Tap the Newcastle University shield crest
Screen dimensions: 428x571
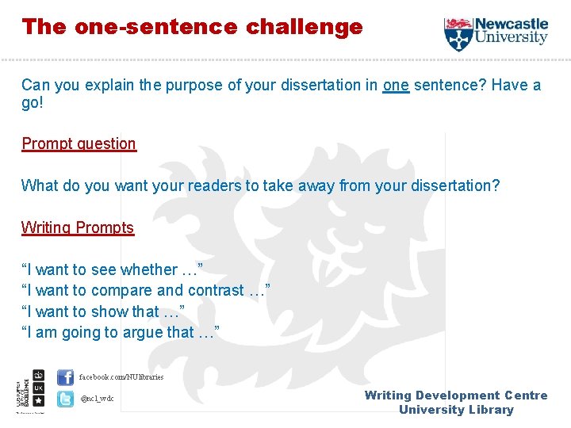click(458, 34)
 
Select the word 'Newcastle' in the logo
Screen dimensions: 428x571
click(512, 24)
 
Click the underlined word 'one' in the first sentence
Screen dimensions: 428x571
click(396, 85)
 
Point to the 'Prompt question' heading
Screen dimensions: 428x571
click(79, 143)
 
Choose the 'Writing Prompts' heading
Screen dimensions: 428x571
click(78, 227)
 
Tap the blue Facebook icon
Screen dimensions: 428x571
click(65, 377)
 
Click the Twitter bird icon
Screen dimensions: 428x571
click(65, 399)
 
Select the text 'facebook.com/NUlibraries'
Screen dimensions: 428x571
click(121, 377)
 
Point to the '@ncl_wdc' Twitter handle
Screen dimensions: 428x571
click(97, 399)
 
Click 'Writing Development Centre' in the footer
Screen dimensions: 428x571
click(456, 396)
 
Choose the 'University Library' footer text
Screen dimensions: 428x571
click(456, 410)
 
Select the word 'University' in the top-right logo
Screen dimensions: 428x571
click(512, 37)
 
